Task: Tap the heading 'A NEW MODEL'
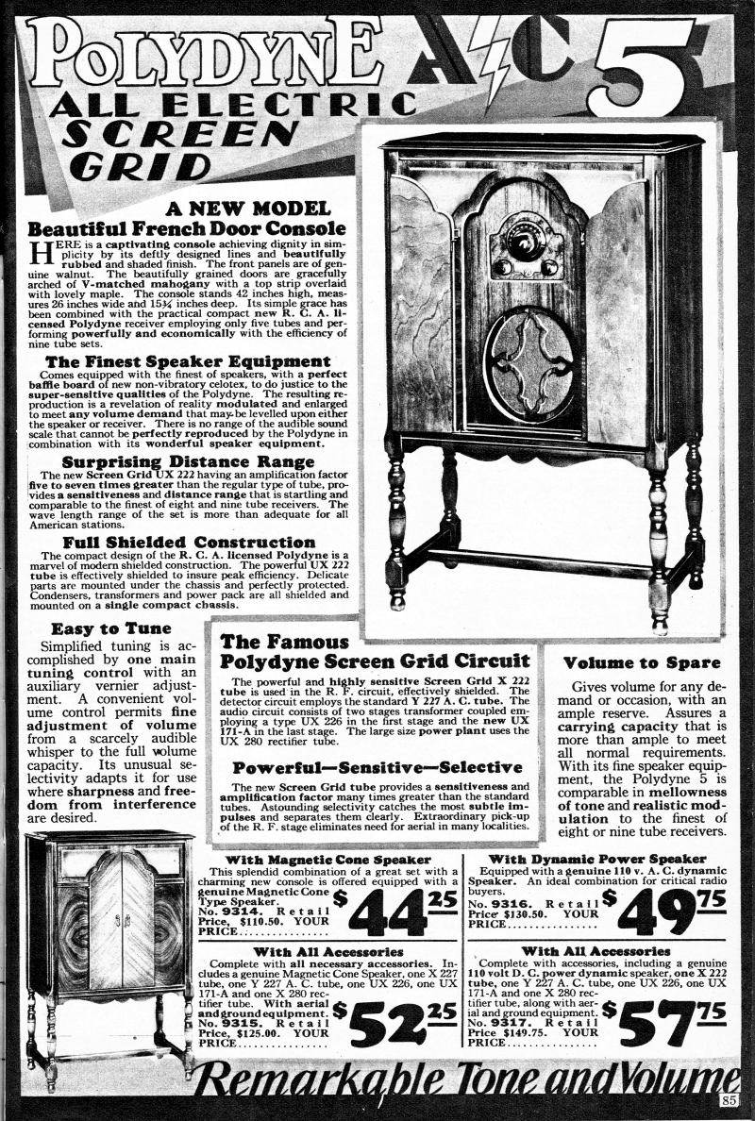pos(248,208)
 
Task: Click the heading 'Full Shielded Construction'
pos(189,542)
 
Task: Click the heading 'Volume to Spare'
pos(641,662)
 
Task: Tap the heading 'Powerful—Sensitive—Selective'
pos(377,767)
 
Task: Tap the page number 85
pos(728,1100)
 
